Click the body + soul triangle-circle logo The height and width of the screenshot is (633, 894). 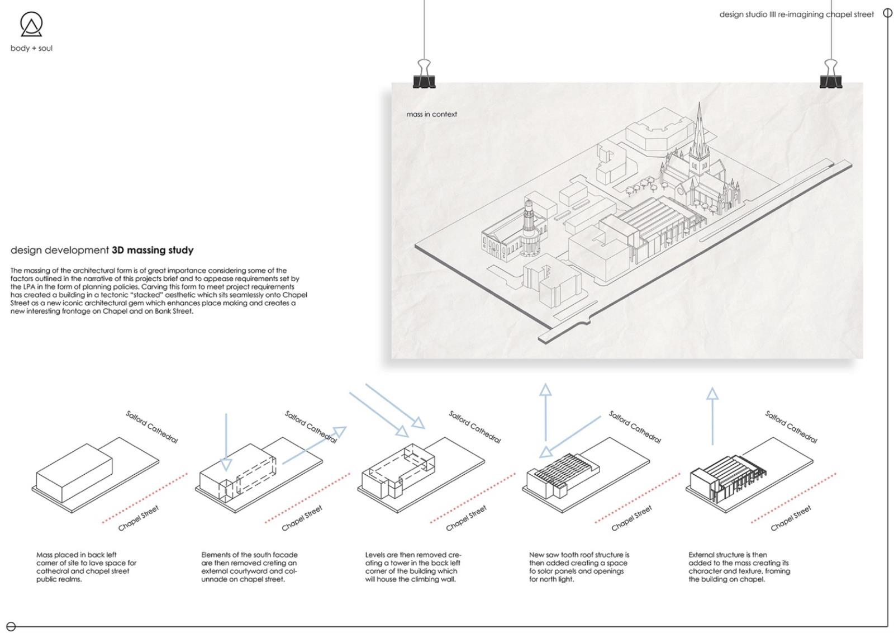click(x=31, y=25)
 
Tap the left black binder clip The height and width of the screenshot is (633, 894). click(x=424, y=75)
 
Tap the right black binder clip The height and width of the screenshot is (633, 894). click(x=831, y=75)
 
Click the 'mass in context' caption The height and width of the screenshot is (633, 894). click(x=431, y=114)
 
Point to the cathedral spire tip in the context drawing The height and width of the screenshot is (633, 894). click(x=698, y=104)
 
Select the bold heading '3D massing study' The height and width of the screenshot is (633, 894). click(x=153, y=250)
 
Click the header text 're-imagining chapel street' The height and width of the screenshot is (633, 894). click(x=826, y=15)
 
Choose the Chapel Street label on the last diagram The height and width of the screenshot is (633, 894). click(x=791, y=518)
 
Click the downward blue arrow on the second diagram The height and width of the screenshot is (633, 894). click(x=226, y=442)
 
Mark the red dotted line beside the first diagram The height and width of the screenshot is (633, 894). click(x=144, y=498)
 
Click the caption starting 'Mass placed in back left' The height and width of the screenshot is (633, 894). click(x=86, y=567)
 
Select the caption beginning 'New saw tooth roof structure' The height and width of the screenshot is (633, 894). click(x=579, y=567)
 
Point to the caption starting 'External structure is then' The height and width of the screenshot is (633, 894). click(x=739, y=567)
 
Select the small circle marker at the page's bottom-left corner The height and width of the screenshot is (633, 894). click(x=11, y=626)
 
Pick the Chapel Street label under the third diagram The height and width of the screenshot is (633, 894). click(x=466, y=518)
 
